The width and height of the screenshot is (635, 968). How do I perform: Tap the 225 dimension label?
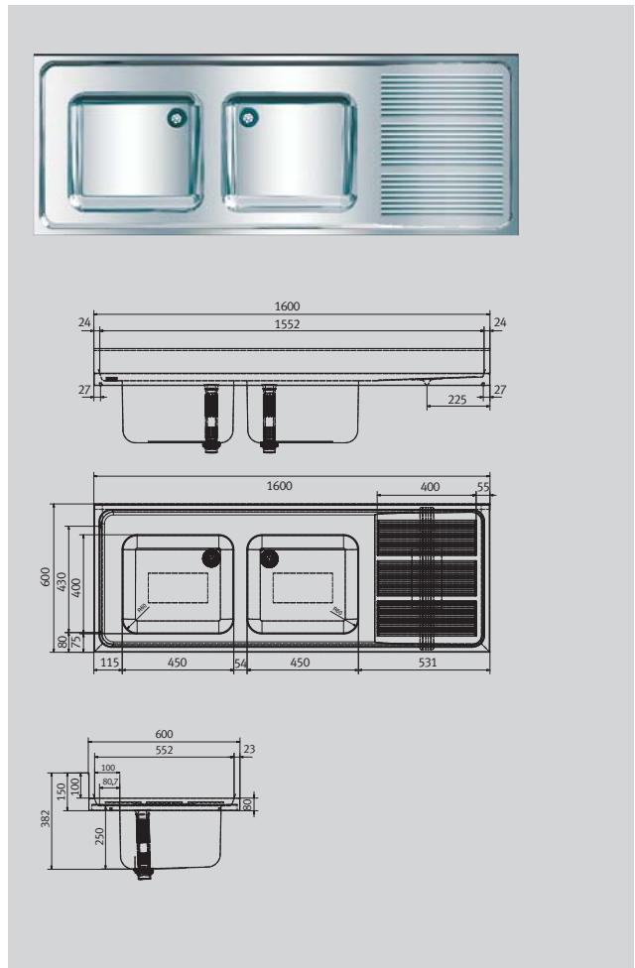[x=456, y=399]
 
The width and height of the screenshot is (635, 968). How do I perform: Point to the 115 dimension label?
[x=108, y=662]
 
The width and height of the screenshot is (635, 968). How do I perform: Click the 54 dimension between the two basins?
[x=239, y=662]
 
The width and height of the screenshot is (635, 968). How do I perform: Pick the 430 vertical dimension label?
[x=61, y=580]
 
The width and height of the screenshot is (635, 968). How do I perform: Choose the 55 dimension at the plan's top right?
[x=483, y=487]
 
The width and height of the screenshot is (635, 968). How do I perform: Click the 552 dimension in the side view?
[x=165, y=751]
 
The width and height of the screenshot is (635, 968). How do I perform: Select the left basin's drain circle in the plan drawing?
[x=210, y=557]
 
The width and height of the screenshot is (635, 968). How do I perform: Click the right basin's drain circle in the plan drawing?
[x=270, y=557]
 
